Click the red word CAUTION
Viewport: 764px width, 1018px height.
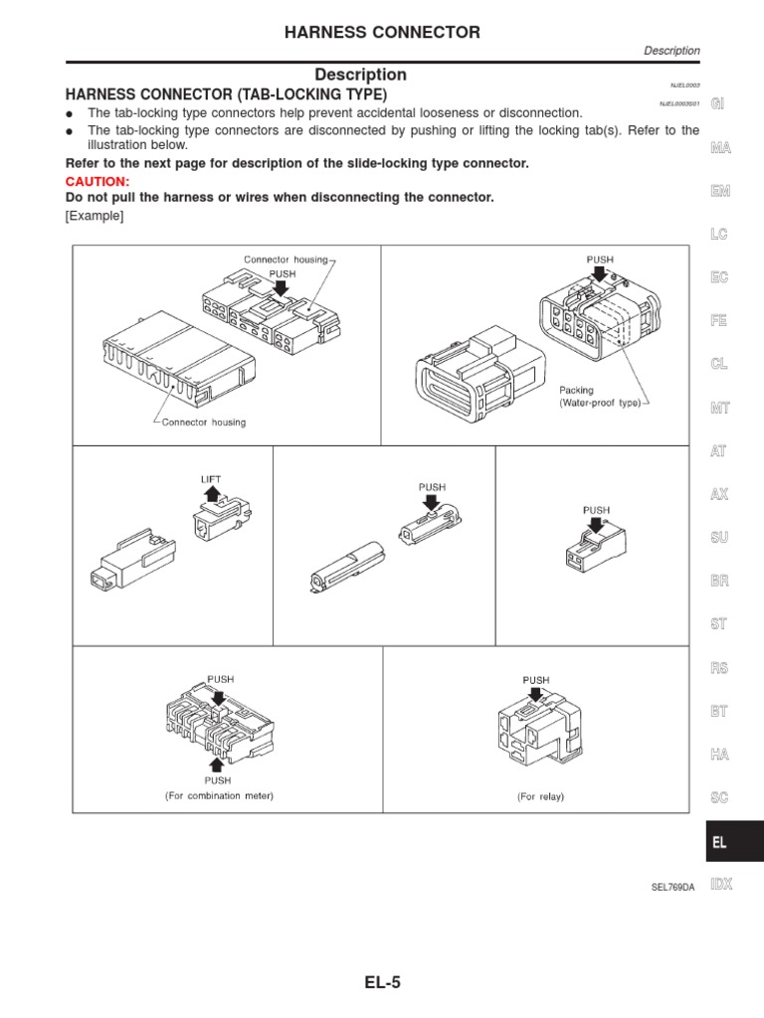97,182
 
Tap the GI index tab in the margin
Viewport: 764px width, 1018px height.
719,105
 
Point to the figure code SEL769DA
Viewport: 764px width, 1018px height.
672,886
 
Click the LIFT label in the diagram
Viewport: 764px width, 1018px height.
211,478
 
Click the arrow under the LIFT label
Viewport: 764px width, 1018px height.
211,494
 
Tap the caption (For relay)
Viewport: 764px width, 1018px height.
535,796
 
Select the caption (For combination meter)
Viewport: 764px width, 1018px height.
219,795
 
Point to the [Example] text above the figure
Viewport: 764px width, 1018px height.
95,217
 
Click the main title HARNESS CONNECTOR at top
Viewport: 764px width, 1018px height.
382,33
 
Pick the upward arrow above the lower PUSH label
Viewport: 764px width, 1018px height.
219,763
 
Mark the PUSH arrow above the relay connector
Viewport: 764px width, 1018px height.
536,697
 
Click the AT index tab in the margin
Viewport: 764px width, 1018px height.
719,450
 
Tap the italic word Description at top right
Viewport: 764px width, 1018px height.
671,51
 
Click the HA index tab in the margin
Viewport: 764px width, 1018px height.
719,755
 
